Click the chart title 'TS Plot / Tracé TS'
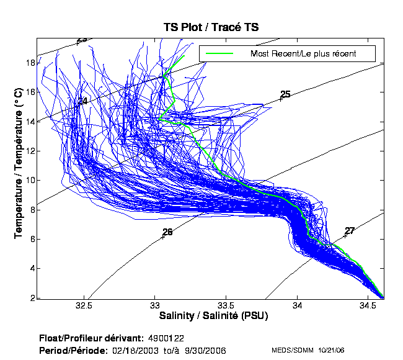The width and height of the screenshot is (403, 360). tap(210, 27)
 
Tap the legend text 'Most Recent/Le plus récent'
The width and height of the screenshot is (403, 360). tap(303, 53)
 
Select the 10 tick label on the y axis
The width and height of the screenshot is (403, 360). tap(29, 180)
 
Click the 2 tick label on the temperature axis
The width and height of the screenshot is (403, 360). tap(32, 298)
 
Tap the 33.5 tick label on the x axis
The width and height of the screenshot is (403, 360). tap(226, 306)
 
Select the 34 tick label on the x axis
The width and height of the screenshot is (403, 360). tap(298, 306)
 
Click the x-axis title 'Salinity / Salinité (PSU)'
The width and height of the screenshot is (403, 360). tap(212, 316)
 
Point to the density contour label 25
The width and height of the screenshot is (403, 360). tap(285, 94)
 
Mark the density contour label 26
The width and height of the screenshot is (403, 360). tap(167, 232)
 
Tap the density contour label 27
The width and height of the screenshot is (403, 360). tap(350, 231)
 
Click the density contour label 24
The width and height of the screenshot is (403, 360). tap(82, 101)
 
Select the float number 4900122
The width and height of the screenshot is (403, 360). tap(166, 338)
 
